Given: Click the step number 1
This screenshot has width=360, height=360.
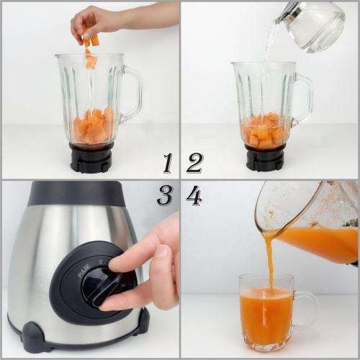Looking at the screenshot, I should point(167,163).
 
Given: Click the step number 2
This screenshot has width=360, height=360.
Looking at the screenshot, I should point(194,163).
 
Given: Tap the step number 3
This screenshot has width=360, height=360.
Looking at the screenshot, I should point(165,194).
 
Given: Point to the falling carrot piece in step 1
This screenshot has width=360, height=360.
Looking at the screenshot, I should point(91,62).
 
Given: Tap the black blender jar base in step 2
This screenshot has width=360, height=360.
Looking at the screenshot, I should point(265,156).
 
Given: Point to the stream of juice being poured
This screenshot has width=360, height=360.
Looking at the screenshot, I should point(270,263).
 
